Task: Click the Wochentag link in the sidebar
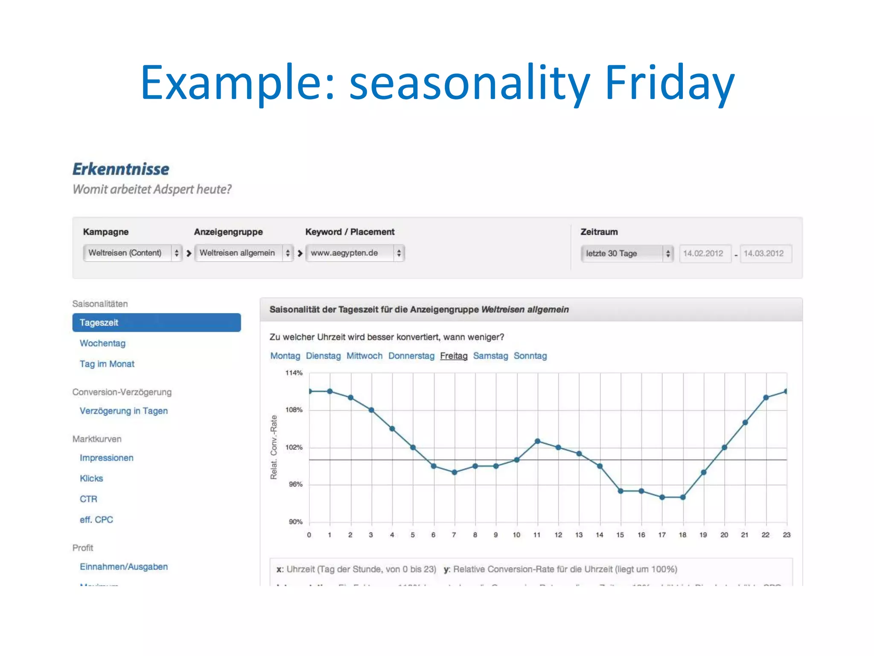(102, 343)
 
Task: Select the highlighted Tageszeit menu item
(156, 322)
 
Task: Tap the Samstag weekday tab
(490, 356)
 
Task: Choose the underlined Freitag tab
(454, 356)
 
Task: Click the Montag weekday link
(285, 356)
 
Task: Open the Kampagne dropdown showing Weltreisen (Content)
(133, 253)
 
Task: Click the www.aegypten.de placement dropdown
(355, 253)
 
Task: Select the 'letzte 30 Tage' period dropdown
(626, 253)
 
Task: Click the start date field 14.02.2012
(703, 253)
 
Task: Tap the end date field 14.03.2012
(764, 253)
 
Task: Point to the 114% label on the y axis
(294, 373)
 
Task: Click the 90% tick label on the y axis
(295, 521)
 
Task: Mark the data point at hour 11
(537, 441)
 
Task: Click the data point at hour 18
(683, 497)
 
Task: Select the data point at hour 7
(454, 472)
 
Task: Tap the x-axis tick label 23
(787, 535)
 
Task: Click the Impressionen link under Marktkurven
(106, 458)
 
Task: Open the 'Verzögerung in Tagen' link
(123, 411)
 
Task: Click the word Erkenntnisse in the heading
(121, 169)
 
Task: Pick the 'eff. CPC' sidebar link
(96, 520)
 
